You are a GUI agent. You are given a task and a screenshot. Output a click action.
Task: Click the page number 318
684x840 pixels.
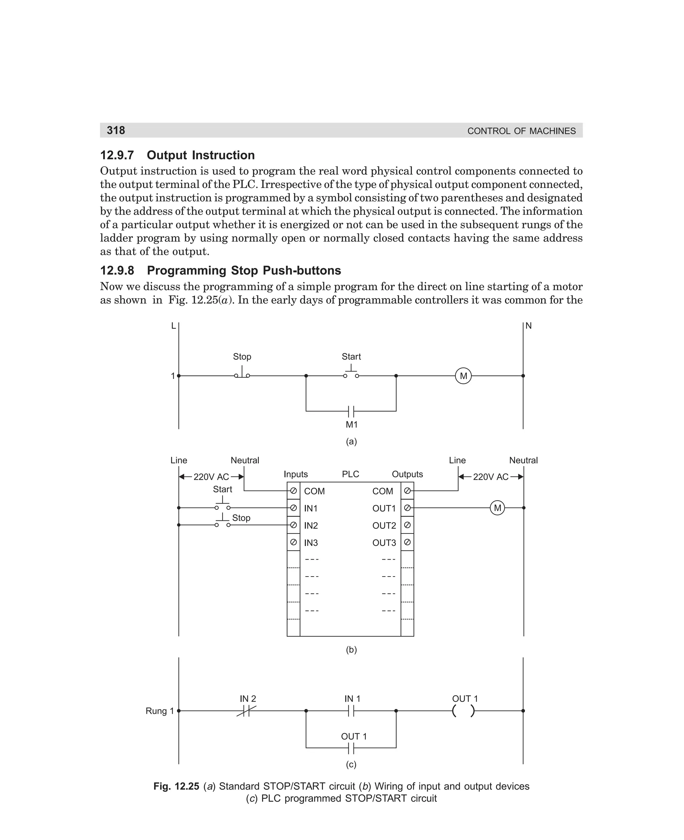[x=116, y=130]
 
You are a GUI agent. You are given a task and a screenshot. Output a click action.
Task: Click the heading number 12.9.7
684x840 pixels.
[x=117, y=155]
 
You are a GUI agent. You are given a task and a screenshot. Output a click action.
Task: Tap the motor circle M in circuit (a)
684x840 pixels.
[x=463, y=376]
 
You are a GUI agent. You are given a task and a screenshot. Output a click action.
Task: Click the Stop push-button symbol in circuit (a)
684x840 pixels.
[x=242, y=373]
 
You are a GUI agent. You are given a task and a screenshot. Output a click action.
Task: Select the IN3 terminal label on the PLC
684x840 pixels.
[x=311, y=543]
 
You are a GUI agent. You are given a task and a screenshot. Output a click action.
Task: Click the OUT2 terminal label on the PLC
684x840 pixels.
[x=384, y=526]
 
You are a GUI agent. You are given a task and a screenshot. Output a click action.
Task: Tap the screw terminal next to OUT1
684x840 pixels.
[x=407, y=508]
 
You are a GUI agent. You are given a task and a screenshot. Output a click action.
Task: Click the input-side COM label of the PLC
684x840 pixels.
[x=314, y=491]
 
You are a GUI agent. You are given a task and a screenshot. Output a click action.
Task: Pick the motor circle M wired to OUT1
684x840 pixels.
[x=497, y=508]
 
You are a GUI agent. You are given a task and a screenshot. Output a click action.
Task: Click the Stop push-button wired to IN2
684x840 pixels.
[x=223, y=522]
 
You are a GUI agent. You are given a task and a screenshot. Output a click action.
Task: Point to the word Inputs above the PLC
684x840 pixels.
[x=296, y=474]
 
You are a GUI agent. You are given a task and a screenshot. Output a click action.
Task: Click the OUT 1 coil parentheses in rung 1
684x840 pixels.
[x=463, y=711]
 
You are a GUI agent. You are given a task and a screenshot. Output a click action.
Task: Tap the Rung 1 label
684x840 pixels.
[x=160, y=711]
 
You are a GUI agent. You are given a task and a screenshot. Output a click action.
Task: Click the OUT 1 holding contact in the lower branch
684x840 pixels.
[x=351, y=748]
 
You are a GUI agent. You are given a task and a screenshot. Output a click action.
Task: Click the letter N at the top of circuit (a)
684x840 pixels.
[x=529, y=326]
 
